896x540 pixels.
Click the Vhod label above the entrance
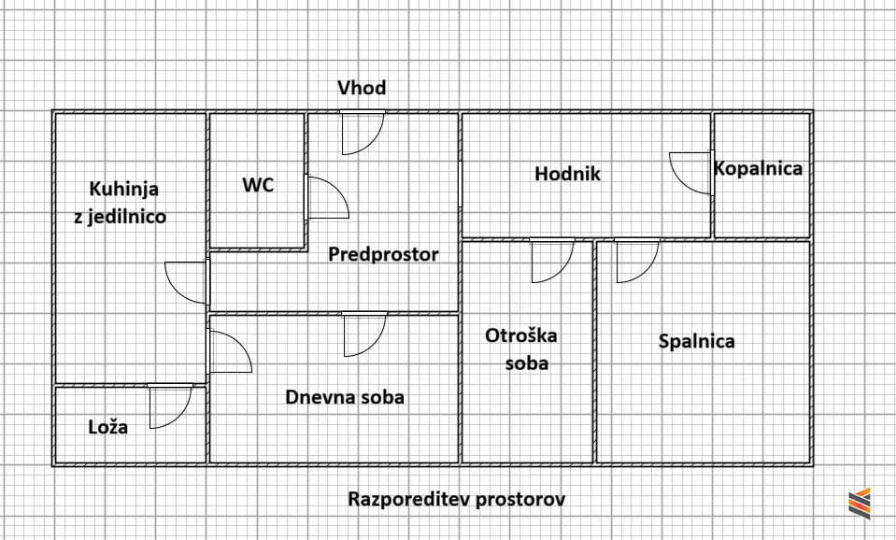point(362,88)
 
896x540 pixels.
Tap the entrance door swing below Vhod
point(363,133)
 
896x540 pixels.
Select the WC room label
point(258,185)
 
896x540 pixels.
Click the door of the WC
point(327,197)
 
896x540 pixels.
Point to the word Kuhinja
point(123,189)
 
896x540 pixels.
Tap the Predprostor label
point(383,254)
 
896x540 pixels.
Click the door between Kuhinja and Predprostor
point(187,282)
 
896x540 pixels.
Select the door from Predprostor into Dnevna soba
point(364,334)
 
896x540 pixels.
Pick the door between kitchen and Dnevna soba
point(230,351)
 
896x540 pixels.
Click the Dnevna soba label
point(345,397)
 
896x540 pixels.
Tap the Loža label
point(108,427)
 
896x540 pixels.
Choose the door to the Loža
point(170,405)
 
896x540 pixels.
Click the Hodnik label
point(567,174)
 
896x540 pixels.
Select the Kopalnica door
point(691,173)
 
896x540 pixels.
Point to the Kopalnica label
point(758,169)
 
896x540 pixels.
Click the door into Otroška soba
point(552,261)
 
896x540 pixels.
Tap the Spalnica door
point(637,261)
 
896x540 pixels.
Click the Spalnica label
point(697,342)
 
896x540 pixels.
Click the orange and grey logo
point(860,504)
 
